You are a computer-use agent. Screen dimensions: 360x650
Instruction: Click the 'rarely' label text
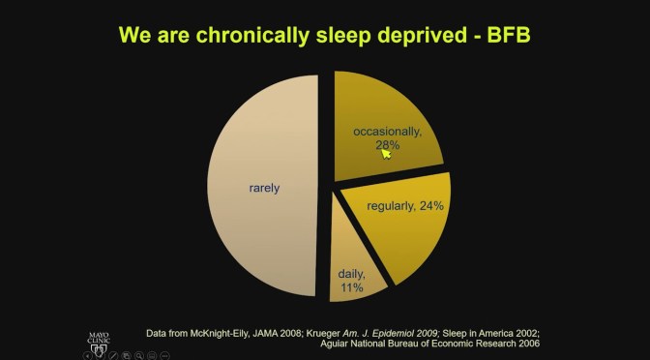pyautogui.click(x=263, y=188)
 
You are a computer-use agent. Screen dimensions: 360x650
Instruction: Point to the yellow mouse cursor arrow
pyautogui.click(x=386, y=153)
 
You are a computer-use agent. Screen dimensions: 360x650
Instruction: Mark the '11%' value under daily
pyautogui.click(x=351, y=287)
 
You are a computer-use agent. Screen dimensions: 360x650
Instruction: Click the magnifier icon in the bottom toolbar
pyautogui.click(x=141, y=355)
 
